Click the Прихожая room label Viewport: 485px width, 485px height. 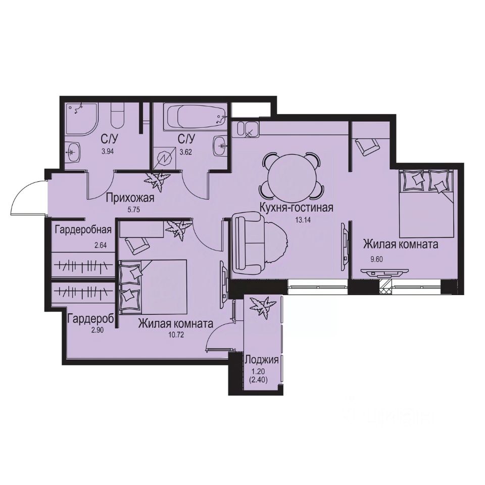coord(129,198)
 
